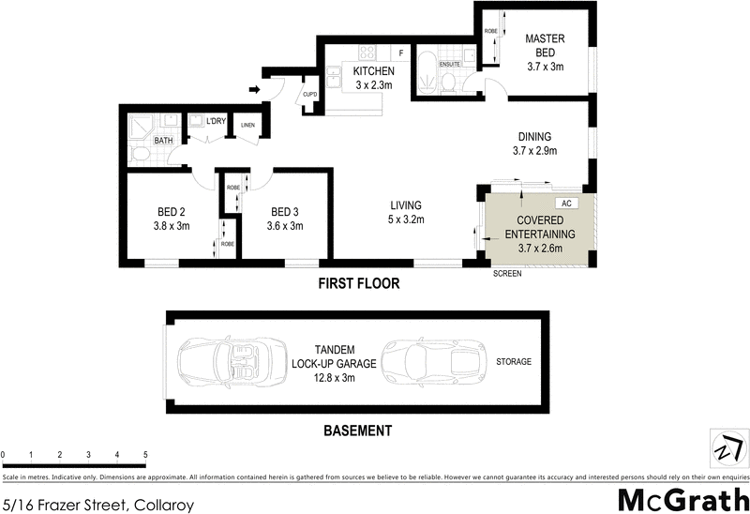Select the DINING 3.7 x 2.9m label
532,144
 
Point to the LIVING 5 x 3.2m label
406,213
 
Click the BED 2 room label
171,219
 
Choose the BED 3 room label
285,219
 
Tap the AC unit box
566,203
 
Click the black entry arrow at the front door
255,90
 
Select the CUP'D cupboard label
309,95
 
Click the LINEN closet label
247,125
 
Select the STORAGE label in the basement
513,361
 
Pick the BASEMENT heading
356,431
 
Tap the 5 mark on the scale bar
145,455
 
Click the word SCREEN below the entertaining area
507,275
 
